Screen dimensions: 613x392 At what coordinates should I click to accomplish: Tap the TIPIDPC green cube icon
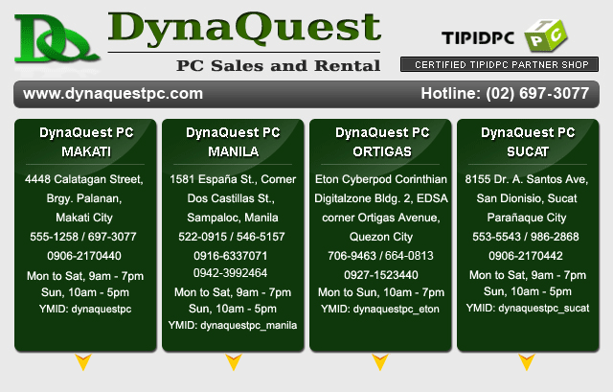tap(546, 35)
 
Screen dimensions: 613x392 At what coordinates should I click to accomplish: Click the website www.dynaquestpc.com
tap(113, 94)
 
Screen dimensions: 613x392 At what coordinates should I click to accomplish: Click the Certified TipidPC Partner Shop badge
tap(499, 64)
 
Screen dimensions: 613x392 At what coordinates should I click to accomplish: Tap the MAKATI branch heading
tap(86, 151)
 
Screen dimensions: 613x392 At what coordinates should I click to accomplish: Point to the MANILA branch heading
tap(234, 151)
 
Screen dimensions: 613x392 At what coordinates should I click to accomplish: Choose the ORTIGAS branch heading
tap(382, 151)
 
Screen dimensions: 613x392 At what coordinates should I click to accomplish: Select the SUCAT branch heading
tap(528, 151)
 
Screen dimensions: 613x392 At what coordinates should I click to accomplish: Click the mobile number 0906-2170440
tap(84, 256)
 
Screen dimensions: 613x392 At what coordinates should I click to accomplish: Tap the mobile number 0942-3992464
tap(230, 273)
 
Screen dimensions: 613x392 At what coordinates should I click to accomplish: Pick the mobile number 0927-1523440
tap(381, 275)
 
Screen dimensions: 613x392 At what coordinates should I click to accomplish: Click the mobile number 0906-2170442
tap(526, 256)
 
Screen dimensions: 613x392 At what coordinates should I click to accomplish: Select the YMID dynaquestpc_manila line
tap(233, 326)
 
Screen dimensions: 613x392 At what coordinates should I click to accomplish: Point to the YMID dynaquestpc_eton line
tap(380, 309)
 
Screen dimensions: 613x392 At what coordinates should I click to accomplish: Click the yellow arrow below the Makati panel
tap(83, 361)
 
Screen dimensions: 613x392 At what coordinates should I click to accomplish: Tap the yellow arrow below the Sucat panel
tap(527, 361)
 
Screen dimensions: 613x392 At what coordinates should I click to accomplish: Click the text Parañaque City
tap(527, 218)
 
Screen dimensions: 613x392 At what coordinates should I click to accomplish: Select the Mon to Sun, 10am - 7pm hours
tap(381, 292)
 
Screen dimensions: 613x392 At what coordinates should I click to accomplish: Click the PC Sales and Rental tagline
tap(278, 66)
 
